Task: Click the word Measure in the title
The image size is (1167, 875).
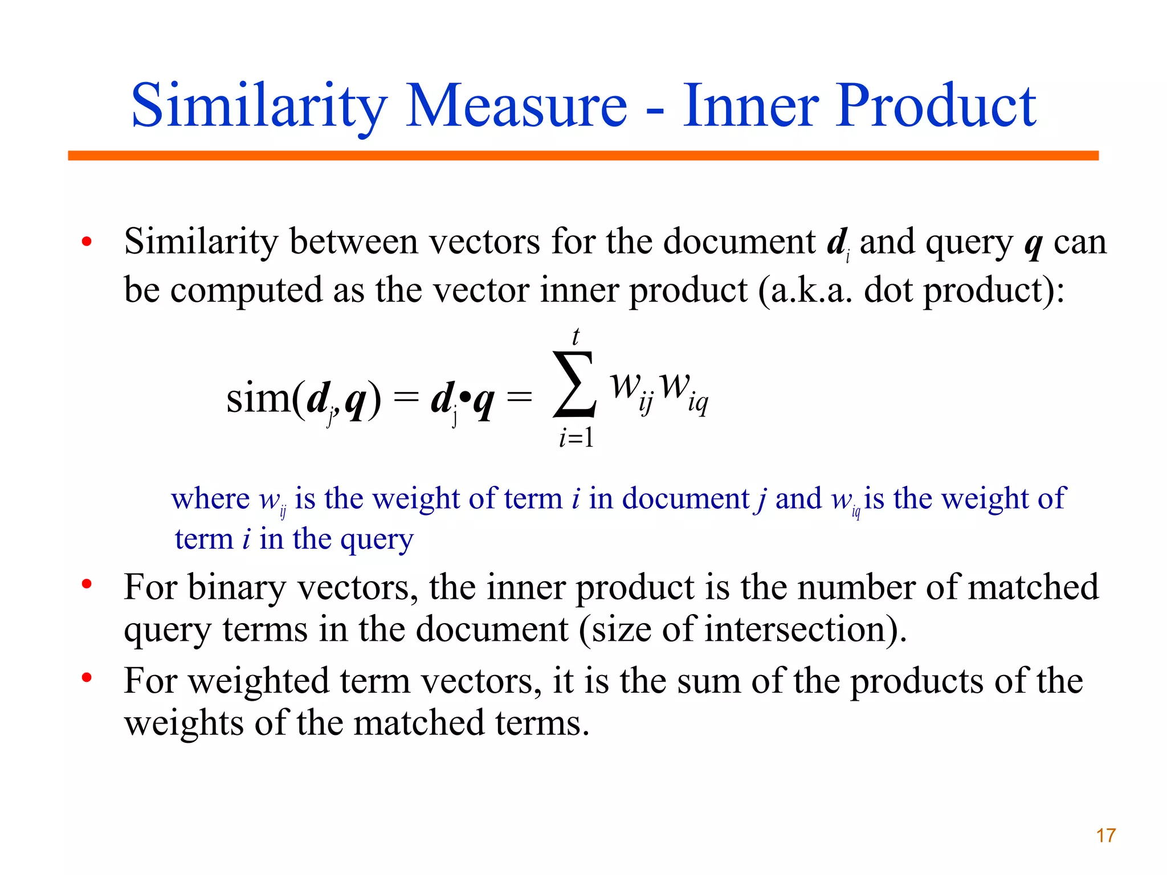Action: (516, 106)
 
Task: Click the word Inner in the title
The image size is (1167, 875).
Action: (750, 106)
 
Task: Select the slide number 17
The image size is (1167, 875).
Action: (1105, 836)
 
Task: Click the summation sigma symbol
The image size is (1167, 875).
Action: (574, 385)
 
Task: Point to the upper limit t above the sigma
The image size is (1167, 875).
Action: (576, 337)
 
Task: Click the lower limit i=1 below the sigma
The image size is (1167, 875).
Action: (576, 437)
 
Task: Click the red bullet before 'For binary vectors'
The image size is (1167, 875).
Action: (87, 584)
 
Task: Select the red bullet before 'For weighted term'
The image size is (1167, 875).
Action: (87, 678)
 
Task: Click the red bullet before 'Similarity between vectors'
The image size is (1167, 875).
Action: (87, 242)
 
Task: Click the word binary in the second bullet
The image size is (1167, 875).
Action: (236, 587)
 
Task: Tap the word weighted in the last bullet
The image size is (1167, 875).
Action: (259, 682)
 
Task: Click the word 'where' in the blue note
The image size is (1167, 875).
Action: (210, 499)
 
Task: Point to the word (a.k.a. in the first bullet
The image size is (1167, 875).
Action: (805, 291)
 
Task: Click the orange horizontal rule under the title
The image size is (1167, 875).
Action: (583, 156)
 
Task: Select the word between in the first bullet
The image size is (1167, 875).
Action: (354, 242)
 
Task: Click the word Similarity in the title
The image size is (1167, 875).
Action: (259, 106)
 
